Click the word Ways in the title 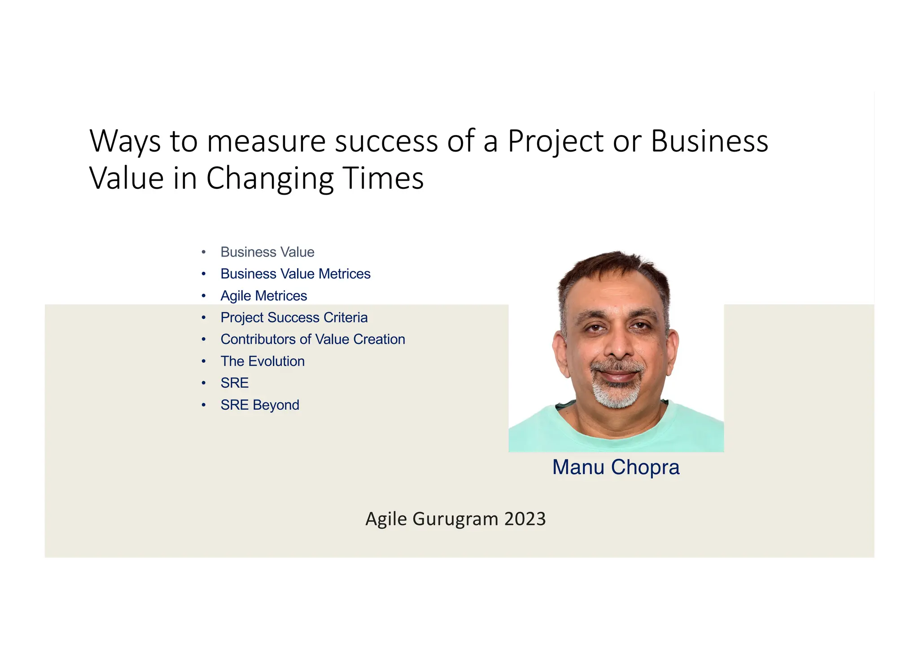(x=125, y=142)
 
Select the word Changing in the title (x=270, y=179)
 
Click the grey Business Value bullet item (x=267, y=252)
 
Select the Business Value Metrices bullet (x=295, y=274)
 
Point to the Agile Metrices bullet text (x=263, y=296)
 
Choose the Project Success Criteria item (x=294, y=318)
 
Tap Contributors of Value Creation (x=312, y=339)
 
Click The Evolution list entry (x=262, y=361)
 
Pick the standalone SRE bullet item (x=234, y=383)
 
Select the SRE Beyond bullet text (x=259, y=405)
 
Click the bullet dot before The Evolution (x=204, y=361)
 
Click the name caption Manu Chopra (x=616, y=467)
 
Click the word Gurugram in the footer (x=455, y=519)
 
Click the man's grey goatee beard (x=617, y=395)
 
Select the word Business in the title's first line (x=709, y=142)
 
